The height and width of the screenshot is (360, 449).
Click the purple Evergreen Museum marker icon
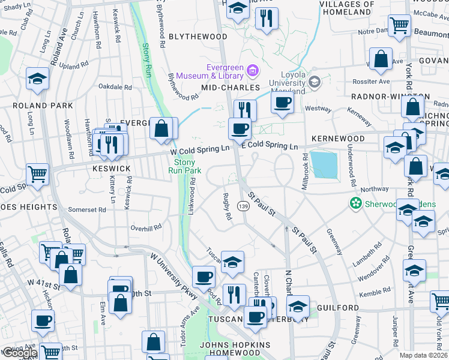(x=253, y=72)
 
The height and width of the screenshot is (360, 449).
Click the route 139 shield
(x=243, y=206)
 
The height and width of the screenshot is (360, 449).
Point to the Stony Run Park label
(x=188, y=166)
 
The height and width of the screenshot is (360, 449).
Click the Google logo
(x=19, y=353)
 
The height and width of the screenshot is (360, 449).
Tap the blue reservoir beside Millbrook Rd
(x=324, y=164)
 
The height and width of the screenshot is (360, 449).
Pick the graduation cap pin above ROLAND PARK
(x=37, y=79)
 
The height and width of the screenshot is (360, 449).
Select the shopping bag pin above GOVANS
(x=381, y=59)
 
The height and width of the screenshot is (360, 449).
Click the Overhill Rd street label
(x=146, y=227)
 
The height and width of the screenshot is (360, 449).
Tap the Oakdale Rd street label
(x=115, y=87)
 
